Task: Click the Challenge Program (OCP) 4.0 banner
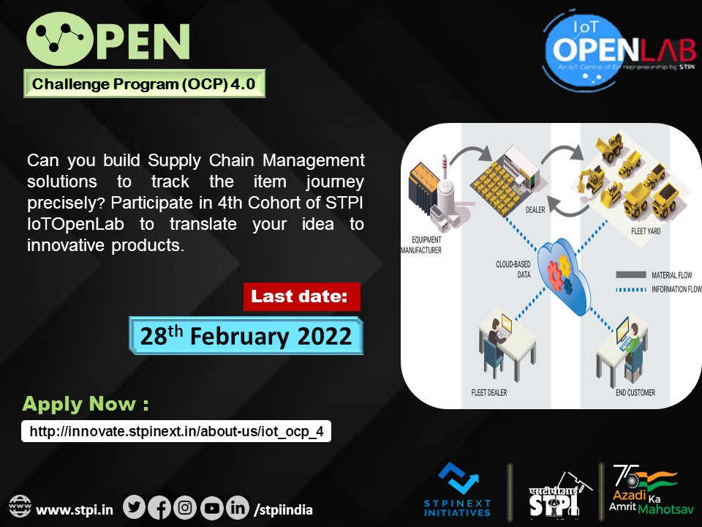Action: (x=144, y=84)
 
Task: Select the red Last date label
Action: (x=302, y=297)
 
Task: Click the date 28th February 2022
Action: (x=246, y=336)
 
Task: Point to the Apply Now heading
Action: (x=86, y=404)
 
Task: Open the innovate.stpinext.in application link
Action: (x=176, y=432)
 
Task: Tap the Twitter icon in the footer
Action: (x=135, y=507)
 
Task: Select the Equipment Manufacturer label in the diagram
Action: (x=420, y=244)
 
